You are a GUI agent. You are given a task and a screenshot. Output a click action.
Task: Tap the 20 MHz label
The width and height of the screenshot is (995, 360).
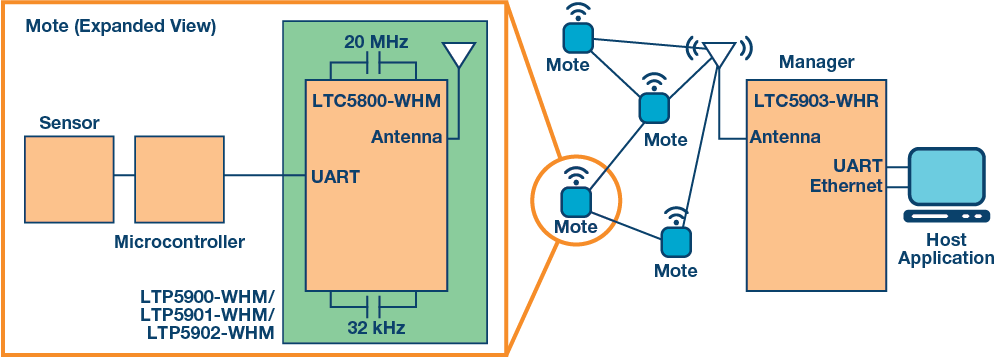click(x=375, y=43)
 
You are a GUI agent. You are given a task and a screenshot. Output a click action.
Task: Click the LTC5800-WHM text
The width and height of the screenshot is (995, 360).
click(x=374, y=101)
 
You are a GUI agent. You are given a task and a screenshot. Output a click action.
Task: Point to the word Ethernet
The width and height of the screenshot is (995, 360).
click(x=846, y=186)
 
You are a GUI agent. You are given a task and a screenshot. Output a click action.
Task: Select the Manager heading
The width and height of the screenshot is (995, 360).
click(x=817, y=63)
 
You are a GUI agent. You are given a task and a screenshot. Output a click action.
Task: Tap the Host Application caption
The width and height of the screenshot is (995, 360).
click(x=945, y=250)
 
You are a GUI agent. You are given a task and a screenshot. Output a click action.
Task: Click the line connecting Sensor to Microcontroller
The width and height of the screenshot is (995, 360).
click(x=125, y=176)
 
